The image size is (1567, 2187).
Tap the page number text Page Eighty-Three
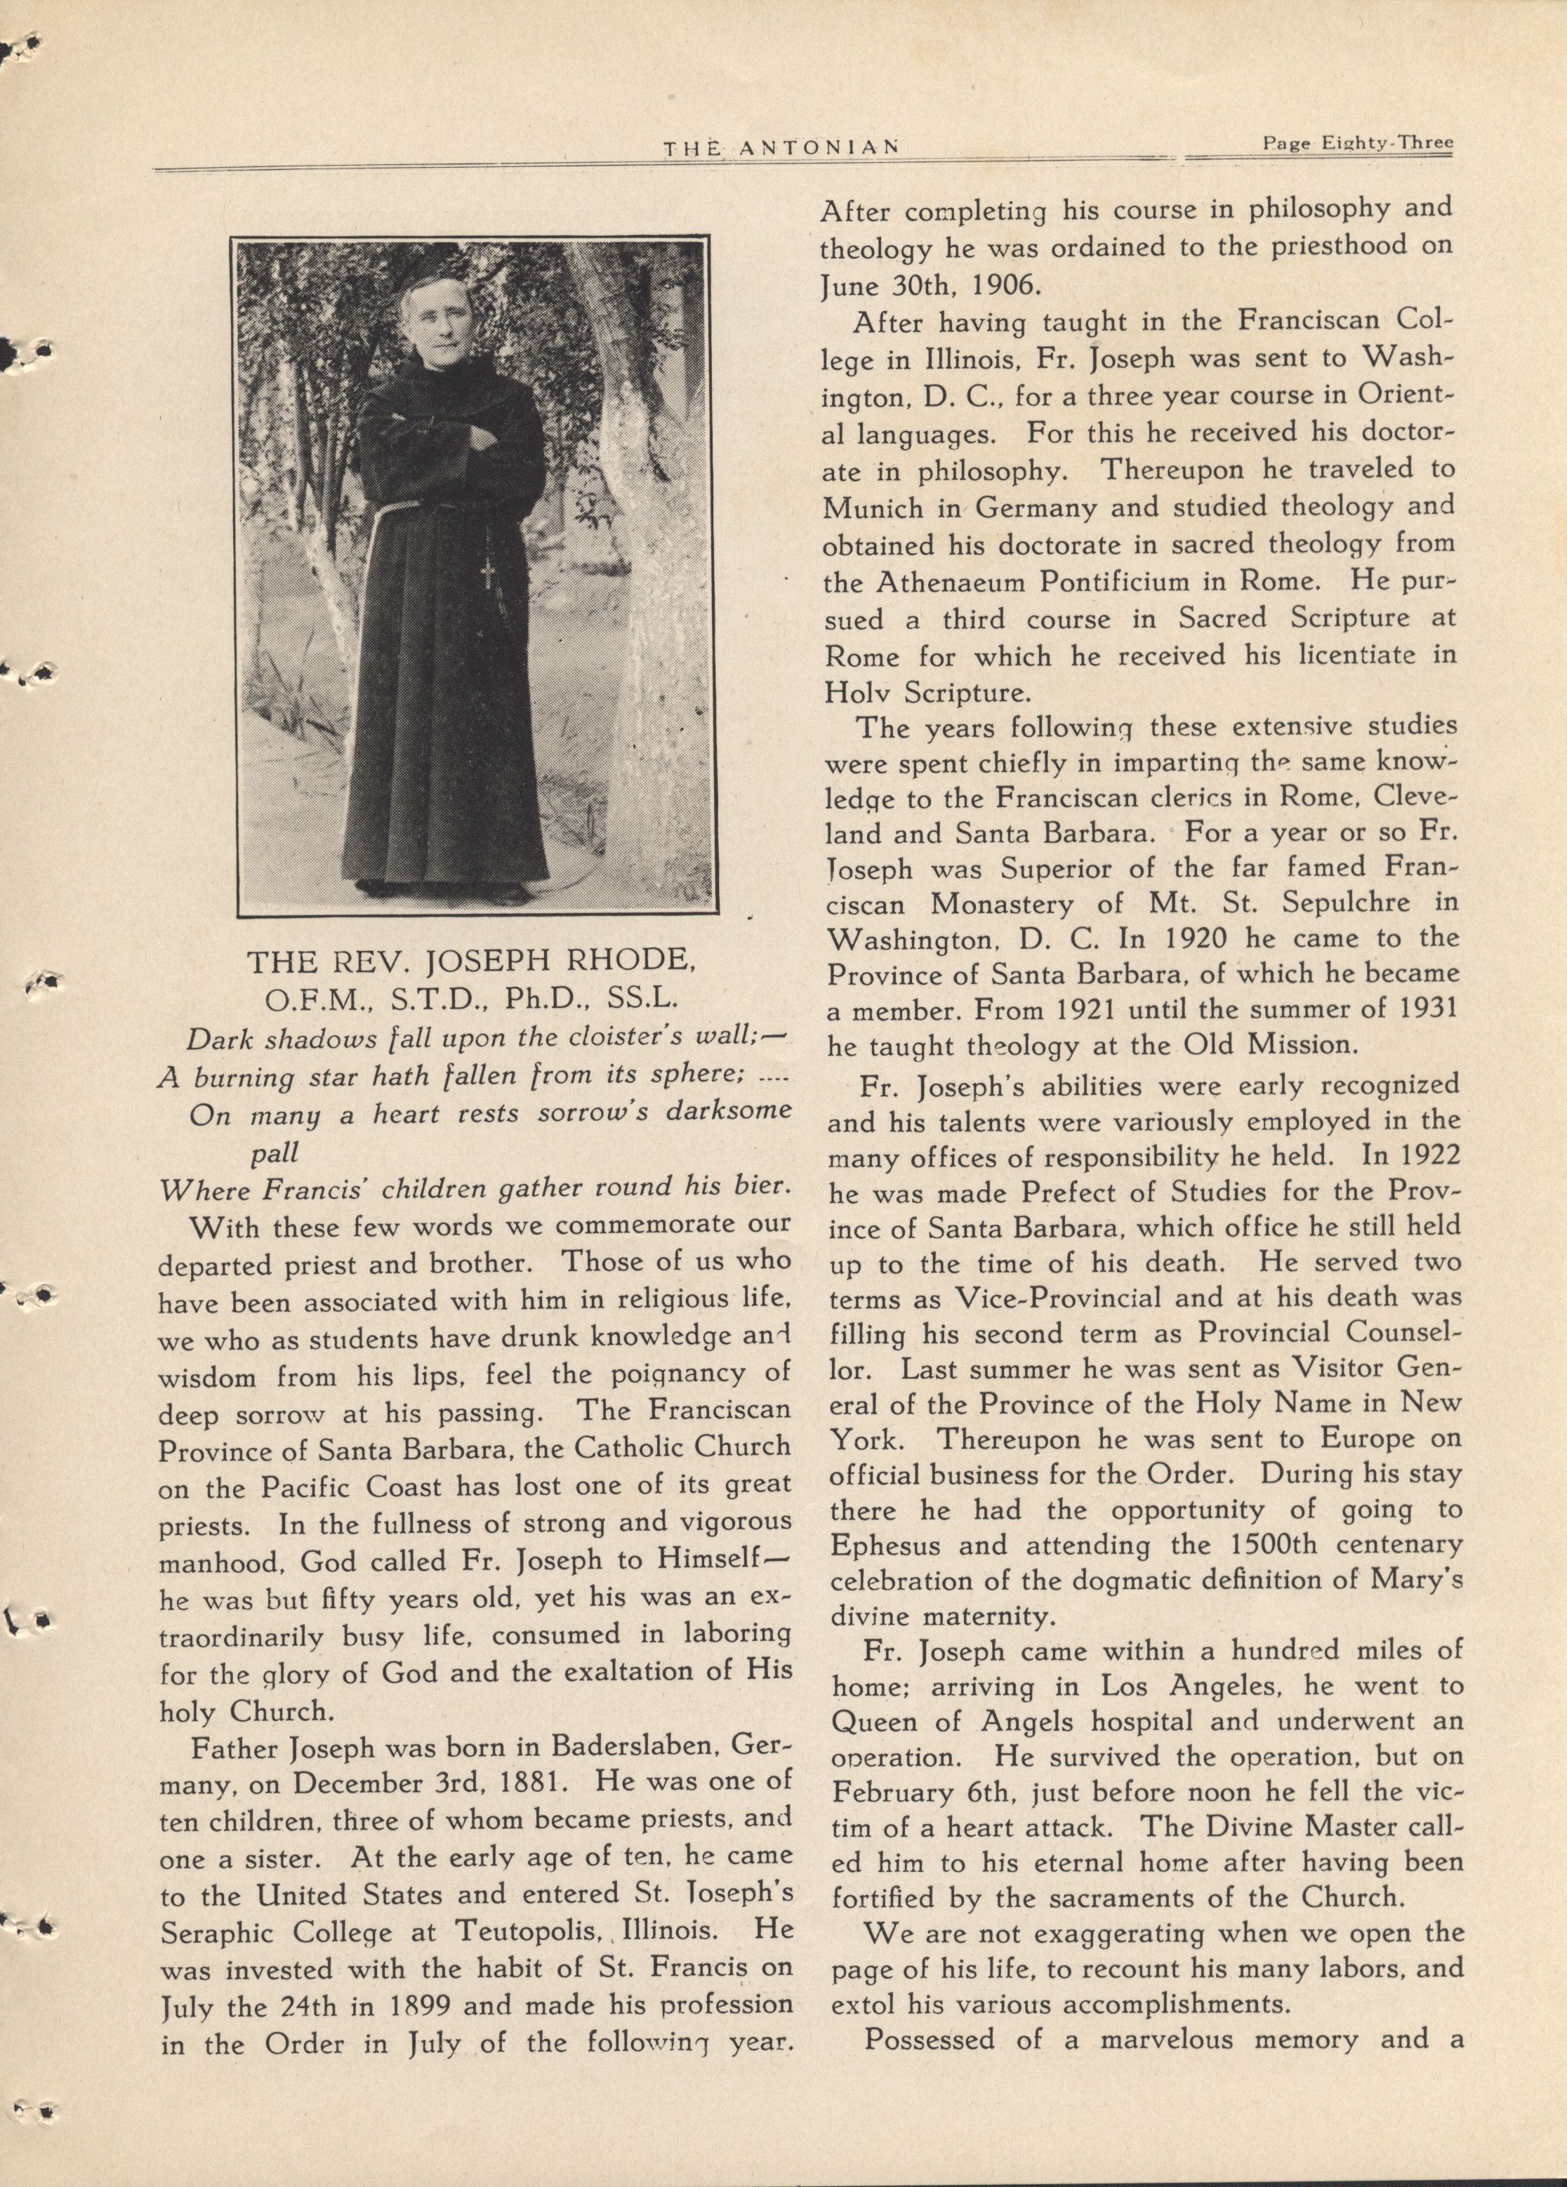[x=1358, y=144]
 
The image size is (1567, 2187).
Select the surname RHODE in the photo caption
[x=627, y=962]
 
